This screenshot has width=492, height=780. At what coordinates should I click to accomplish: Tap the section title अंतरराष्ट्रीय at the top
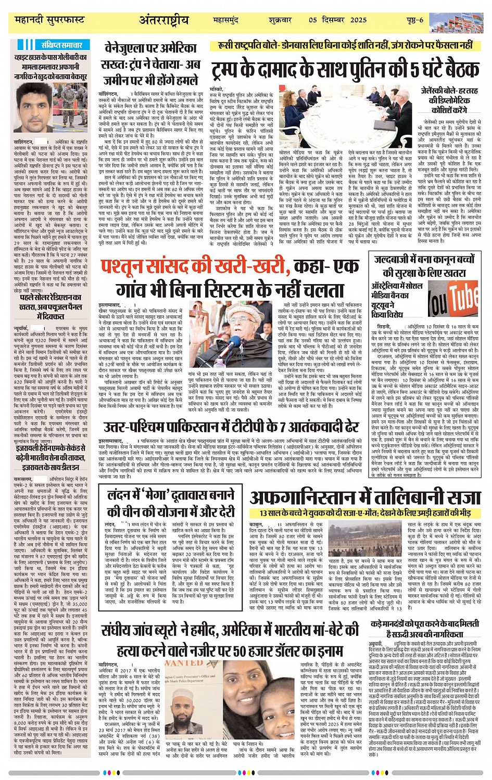(x=163, y=20)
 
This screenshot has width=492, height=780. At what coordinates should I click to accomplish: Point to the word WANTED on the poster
(x=184, y=663)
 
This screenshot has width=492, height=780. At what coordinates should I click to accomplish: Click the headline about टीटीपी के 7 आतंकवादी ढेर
(x=231, y=427)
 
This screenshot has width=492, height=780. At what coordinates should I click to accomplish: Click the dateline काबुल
(x=256, y=525)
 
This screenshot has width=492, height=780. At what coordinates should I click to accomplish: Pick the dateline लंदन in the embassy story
(x=110, y=525)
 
